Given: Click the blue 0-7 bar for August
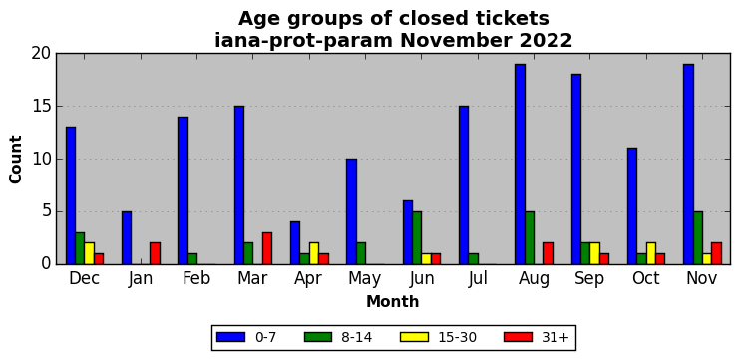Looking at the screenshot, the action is pos(520,165).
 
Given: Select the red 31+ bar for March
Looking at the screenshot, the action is pos(267,248).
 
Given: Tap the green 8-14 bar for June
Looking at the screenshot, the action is pos(417,238).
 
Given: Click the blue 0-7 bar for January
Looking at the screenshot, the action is pos(127,238).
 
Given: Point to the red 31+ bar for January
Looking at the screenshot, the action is pos(155,254).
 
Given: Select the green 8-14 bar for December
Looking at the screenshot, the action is pos(80,248).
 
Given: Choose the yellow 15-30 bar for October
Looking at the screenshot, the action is pos(651,254).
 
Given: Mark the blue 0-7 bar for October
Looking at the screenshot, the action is pos(632,206).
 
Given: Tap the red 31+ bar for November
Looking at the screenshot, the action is pos(716,254).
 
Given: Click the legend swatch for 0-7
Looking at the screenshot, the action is pos(230,337).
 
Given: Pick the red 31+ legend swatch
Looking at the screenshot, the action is pos(518,337).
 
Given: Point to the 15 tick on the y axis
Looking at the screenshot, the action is pos(57,106).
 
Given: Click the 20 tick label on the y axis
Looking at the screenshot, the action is pos(41,53).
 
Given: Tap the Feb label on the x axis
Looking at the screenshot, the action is pos(196,278).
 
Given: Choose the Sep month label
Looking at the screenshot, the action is pos(590,279).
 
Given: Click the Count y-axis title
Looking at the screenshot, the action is pos(16,159).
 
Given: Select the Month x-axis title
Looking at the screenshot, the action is pos(392,301).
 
